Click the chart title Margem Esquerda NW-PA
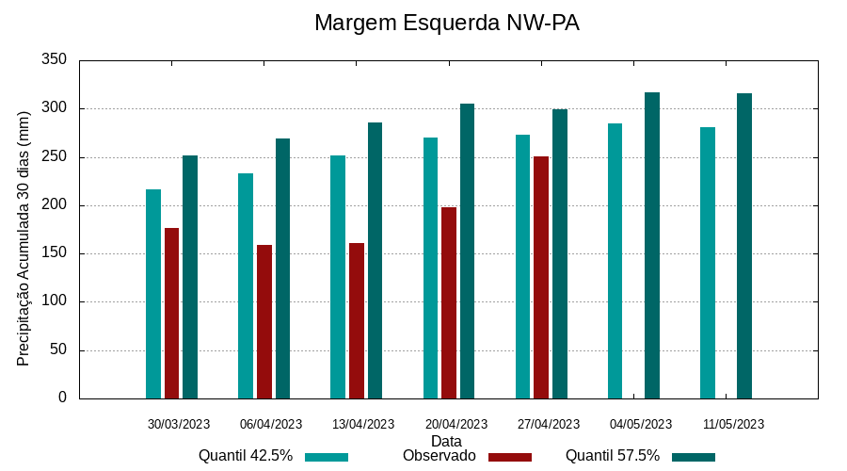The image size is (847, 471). coord(446,23)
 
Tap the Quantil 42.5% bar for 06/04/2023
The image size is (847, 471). coord(246,285)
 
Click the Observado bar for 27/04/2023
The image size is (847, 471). coord(541,277)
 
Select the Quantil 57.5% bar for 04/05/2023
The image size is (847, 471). coord(652,245)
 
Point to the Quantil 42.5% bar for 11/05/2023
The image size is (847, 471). coord(708,263)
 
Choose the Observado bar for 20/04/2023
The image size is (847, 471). coord(449,302)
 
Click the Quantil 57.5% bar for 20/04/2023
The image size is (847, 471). coord(467,251)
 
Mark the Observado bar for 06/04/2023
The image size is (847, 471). coord(264,321)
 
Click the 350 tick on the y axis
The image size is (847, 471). coord(55,60)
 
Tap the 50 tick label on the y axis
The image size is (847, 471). coord(58,350)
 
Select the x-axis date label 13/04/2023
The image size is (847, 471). coord(363,424)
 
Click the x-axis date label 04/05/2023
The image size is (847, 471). coord(641,424)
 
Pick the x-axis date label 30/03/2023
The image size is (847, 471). coord(179,424)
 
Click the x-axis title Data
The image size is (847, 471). coord(446,441)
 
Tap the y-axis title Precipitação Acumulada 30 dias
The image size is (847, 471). coord(24,237)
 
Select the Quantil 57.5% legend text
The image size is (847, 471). coord(612,456)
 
